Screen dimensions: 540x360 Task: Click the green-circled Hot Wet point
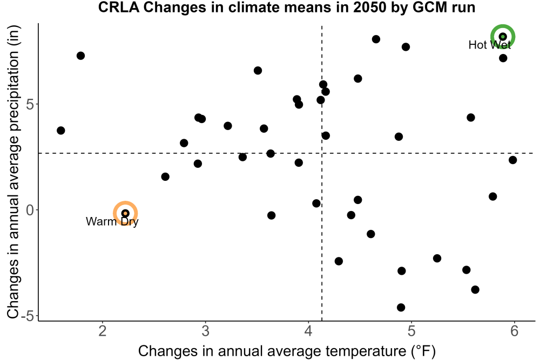(503, 37)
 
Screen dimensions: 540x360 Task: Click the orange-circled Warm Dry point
(125, 213)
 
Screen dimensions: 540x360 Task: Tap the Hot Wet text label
(490, 45)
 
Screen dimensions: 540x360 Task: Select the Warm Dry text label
(112, 221)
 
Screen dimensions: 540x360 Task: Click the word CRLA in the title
(118, 7)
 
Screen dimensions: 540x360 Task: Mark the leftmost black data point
(61, 131)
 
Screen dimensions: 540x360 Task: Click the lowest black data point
(401, 307)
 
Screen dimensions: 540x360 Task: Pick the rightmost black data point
(513, 160)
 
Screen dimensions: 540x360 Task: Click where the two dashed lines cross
(322, 153)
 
